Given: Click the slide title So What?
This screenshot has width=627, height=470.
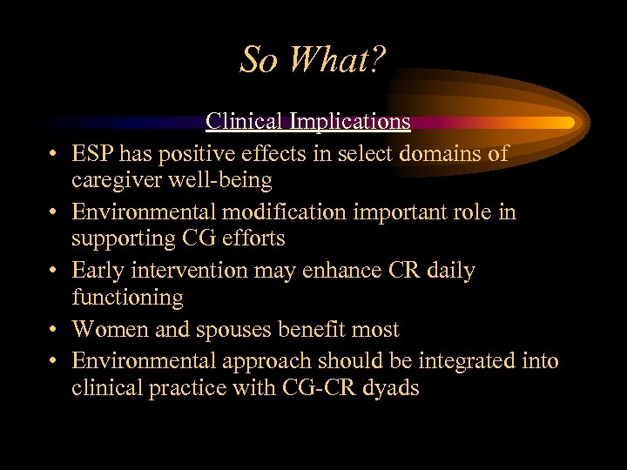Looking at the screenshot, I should [x=313, y=60].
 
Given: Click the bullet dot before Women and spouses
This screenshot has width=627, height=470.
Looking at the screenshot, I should [x=53, y=331].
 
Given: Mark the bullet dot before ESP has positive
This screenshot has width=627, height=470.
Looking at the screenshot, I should [x=53, y=154].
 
